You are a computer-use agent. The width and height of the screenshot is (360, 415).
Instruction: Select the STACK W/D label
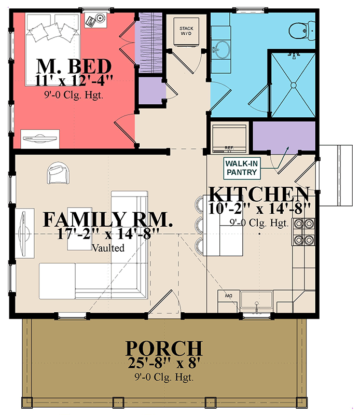click(186, 32)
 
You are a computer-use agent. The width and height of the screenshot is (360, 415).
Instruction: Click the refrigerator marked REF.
click(229, 136)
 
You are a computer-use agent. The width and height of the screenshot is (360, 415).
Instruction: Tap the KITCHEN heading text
click(259, 195)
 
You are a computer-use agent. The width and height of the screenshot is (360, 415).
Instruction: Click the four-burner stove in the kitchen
click(303, 231)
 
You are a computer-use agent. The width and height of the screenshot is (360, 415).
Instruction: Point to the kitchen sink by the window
click(257, 303)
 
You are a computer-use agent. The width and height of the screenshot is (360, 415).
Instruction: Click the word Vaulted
click(108, 248)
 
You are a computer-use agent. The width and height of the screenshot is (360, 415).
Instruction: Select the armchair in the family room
click(58, 174)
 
